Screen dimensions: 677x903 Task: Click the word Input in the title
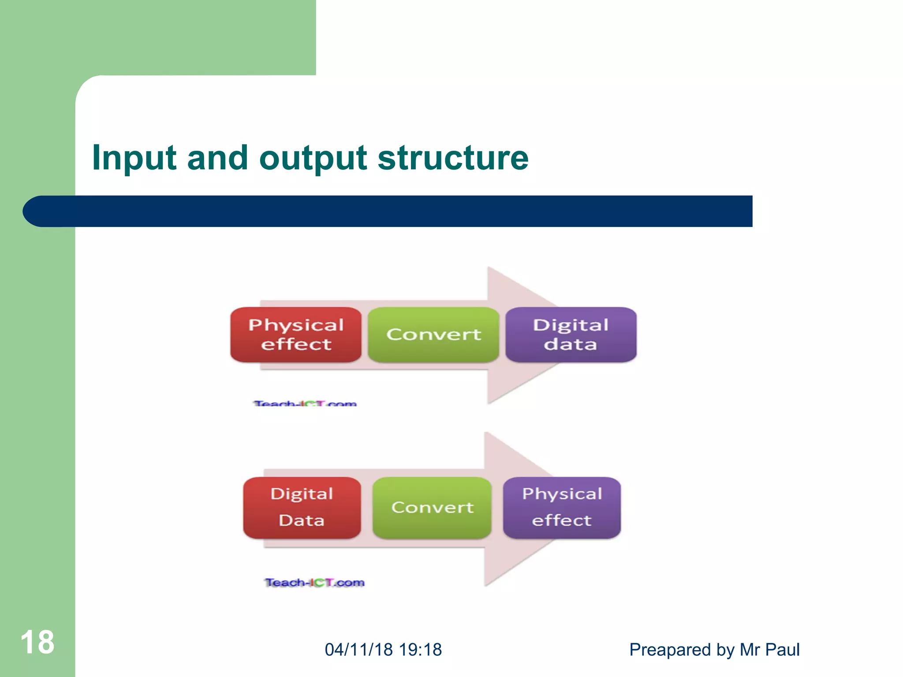point(134,158)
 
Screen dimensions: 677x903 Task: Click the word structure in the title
point(453,158)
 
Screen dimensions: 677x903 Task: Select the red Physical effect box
point(296,335)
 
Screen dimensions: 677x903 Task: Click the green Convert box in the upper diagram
point(433,335)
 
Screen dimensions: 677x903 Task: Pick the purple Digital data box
point(571,335)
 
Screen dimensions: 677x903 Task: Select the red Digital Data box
point(302,508)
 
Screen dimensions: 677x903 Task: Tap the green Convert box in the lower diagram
point(432,508)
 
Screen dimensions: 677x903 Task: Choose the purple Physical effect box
point(562,508)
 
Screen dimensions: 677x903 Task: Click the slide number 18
point(37,642)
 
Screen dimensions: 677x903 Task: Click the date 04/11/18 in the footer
point(358,650)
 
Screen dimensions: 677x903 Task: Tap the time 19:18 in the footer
point(420,650)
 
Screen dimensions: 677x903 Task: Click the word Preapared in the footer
point(670,650)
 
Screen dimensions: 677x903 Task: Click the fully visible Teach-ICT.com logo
point(315,583)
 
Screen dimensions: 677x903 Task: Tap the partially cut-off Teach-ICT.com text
point(305,403)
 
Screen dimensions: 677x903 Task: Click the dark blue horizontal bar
point(397,211)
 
